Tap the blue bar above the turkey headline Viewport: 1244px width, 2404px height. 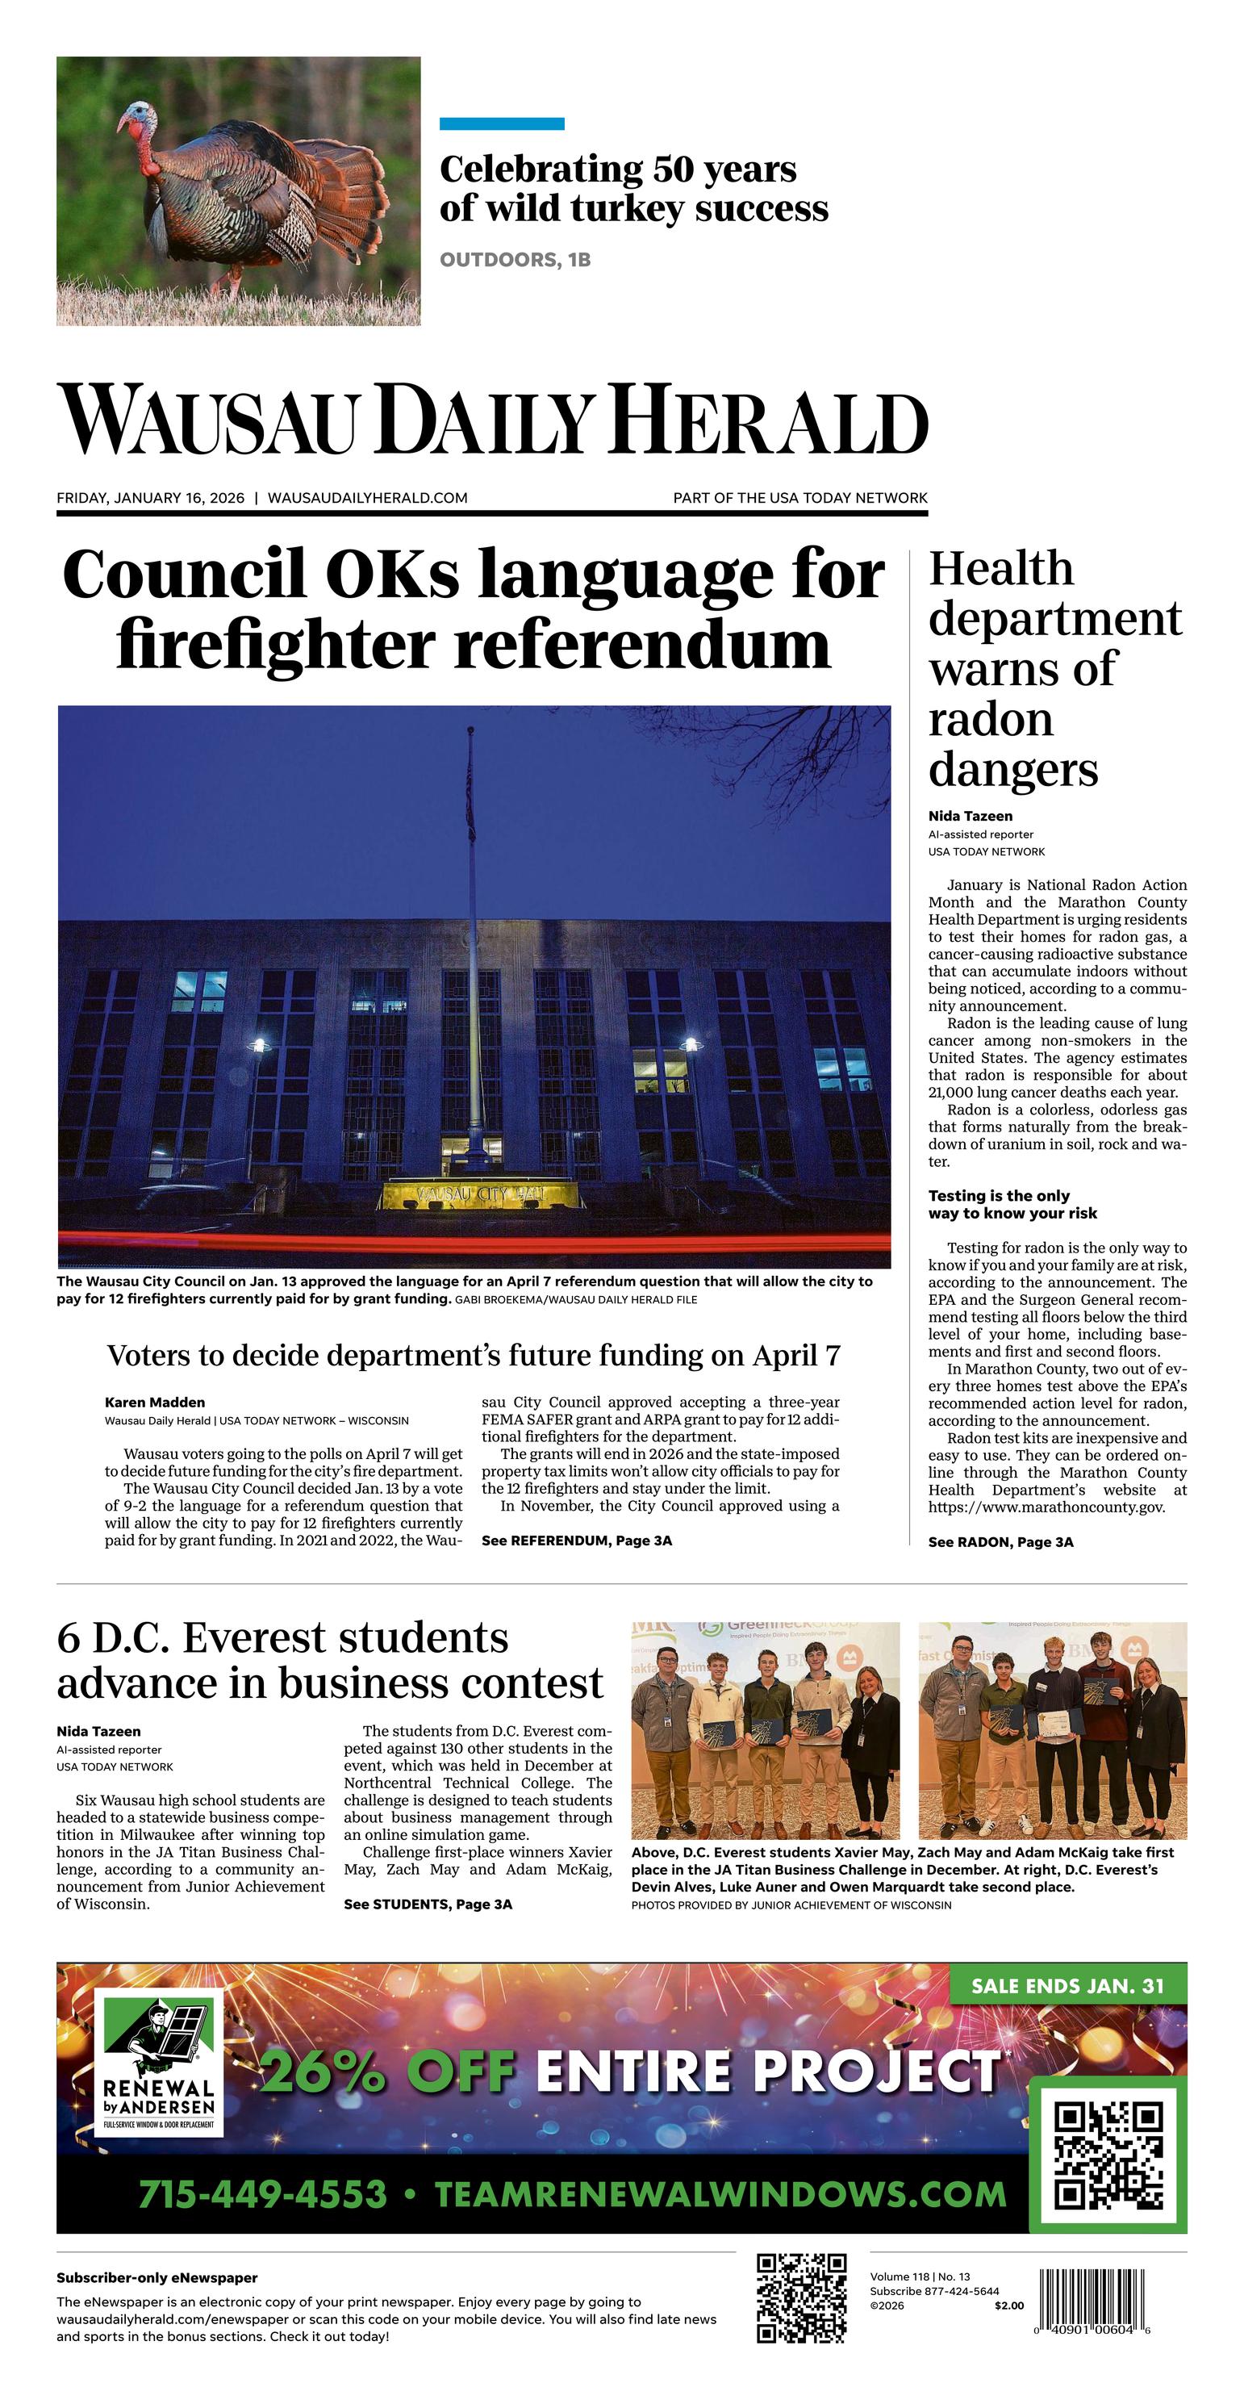pos(501,123)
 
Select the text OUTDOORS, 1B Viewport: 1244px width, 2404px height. pos(516,259)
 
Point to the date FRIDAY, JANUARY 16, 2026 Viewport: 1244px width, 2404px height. pos(150,499)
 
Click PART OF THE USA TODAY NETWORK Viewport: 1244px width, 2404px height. pos(799,499)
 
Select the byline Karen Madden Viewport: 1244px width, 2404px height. pos(155,1402)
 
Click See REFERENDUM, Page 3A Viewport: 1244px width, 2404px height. pos(576,1541)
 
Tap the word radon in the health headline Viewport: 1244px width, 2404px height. pos(990,720)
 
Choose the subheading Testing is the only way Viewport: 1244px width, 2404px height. pos(1012,1205)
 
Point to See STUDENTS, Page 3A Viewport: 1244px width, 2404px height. pos(428,1904)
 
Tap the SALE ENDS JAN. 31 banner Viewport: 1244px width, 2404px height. pos(1067,1986)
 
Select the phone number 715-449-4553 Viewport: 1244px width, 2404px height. pos(262,2193)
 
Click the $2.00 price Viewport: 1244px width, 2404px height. pos(1008,2306)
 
